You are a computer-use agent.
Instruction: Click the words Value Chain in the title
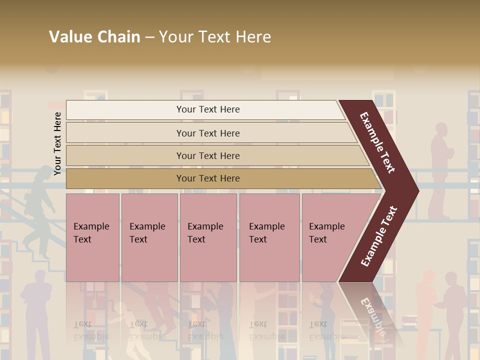pos(94,37)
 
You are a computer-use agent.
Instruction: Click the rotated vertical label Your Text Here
pos(57,143)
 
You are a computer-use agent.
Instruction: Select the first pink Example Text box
pos(92,237)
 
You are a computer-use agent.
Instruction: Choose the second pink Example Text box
pos(149,237)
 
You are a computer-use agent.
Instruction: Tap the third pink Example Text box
pos(208,237)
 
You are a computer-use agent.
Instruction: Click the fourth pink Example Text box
pos(269,237)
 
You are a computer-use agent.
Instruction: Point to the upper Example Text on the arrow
pos(377,142)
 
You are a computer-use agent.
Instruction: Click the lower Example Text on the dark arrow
pos(379,236)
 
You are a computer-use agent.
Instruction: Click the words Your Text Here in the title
pos(215,37)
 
